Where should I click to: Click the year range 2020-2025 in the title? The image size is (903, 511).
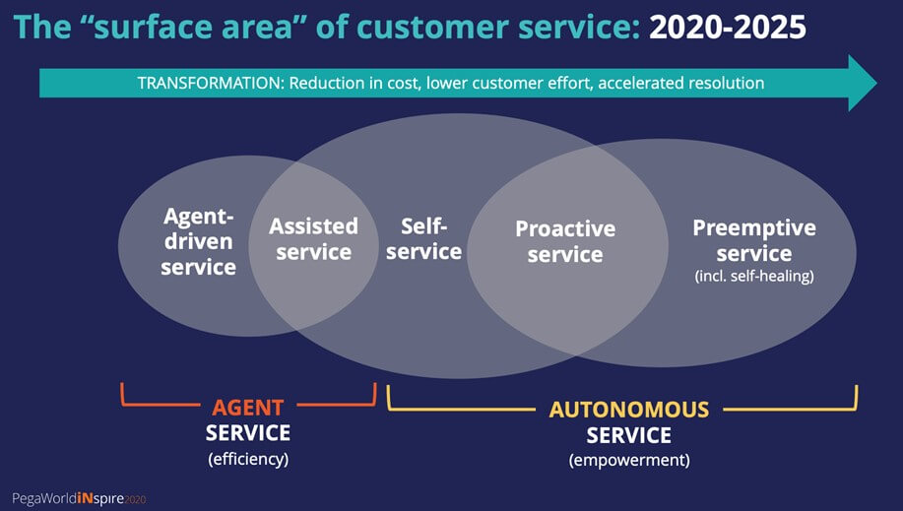pos(728,28)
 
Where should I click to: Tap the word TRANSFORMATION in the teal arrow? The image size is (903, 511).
pos(211,83)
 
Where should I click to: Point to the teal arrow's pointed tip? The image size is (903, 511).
pos(876,83)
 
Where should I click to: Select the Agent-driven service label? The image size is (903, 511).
pos(198,241)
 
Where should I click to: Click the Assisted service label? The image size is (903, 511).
pos(313,239)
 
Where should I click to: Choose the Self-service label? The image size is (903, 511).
pos(423,239)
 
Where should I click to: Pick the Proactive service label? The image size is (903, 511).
pos(565,241)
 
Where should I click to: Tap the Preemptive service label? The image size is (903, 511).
pos(754,240)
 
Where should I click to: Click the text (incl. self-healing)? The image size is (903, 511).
pos(754,276)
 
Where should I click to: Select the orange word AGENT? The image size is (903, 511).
pos(247,408)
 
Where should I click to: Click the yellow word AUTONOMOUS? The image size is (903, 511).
pos(629,410)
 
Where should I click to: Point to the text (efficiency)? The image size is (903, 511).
pos(248,459)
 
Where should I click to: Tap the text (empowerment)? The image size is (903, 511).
pos(629,461)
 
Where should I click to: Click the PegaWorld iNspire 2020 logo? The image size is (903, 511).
pos(79,499)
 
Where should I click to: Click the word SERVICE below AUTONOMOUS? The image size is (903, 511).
pos(629,435)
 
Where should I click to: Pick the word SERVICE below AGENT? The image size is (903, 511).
pos(248,433)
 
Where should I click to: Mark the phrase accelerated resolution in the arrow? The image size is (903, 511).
pos(681,83)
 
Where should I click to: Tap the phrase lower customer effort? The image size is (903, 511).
pos(510,83)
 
